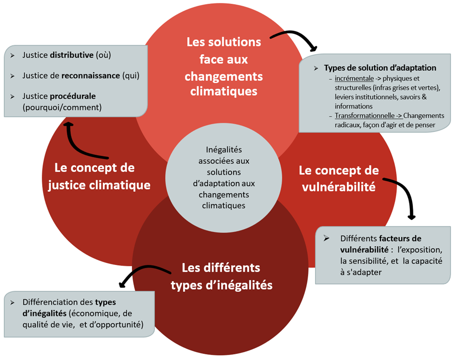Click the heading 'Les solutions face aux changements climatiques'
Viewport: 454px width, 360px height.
224,67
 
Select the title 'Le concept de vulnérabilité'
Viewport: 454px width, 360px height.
338,178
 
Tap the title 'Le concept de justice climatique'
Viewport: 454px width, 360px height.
103,176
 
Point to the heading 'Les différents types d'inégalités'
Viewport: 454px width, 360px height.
221,276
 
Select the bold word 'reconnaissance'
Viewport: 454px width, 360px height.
91,75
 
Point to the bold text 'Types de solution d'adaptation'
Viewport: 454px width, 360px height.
380,68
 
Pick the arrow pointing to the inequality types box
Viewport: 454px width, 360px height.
142,274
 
